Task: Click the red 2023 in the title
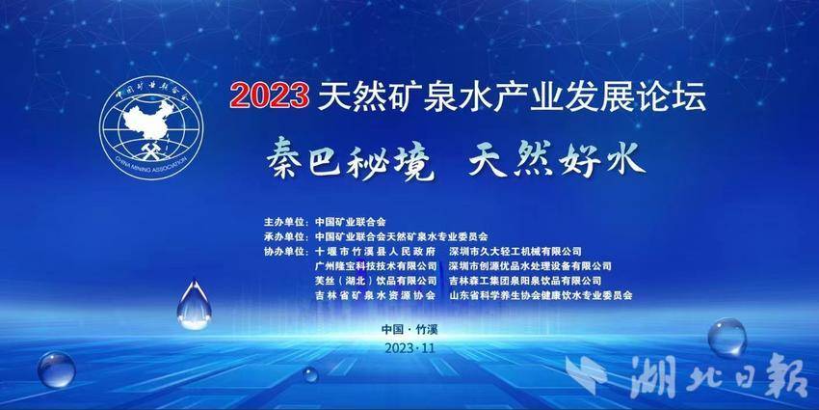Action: click(x=270, y=96)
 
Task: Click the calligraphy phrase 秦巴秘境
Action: click(x=350, y=158)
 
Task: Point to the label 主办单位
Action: click(x=285, y=221)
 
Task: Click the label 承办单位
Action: click(x=285, y=235)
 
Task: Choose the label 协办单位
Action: click(x=285, y=251)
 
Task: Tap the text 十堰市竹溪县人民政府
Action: click(x=376, y=252)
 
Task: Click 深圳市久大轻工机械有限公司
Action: click(x=515, y=252)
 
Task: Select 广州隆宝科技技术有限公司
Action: click(x=376, y=266)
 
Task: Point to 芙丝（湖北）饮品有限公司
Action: click(x=376, y=281)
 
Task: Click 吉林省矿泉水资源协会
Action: click(x=376, y=295)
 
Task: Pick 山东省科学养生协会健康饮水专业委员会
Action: click(x=541, y=295)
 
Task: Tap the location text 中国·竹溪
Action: click(x=409, y=330)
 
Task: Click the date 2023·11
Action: click(x=409, y=348)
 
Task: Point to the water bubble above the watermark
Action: click(x=727, y=338)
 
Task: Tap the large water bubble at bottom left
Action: click(x=57, y=369)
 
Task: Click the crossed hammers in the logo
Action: click(x=151, y=150)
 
